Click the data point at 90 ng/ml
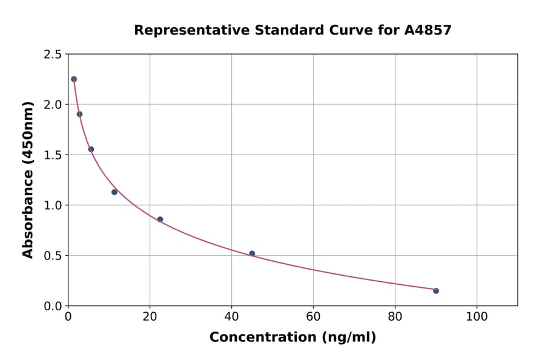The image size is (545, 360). [x=436, y=291]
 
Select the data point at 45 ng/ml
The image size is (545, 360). [x=252, y=253]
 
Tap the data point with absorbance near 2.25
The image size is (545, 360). [x=74, y=79]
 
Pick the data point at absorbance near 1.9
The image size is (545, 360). [x=79, y=114]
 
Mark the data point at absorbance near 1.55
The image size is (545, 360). [x=91, y=149]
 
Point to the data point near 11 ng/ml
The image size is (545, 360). [x=114, y=192]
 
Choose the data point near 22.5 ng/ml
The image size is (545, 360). [x=160, y=219]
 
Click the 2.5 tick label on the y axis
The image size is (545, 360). [x=53, y=55]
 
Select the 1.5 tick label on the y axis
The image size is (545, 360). [x=53, y=155]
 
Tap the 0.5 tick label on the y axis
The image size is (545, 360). [x=53, y=256]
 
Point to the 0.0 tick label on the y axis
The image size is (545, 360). [x=53, y=306]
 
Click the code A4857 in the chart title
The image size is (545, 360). [x=428, y=30]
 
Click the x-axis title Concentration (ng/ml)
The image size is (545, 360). [x=292, y=338]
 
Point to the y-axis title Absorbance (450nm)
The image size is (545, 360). [x=28, y=179]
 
